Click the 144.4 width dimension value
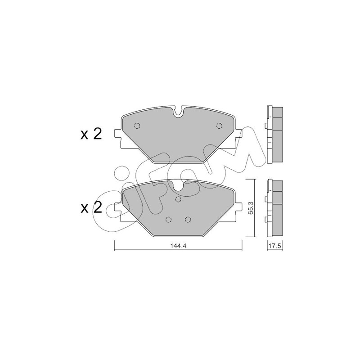[x=178, y=246]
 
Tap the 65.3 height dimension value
[x=251, y=208]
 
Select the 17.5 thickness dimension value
[x=275, y=246]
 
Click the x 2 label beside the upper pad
[x=91, y=134]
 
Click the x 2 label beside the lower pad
[x=91, y=207]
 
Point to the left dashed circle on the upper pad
[x=137, y=126]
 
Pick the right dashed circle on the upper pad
[x=220, y=126]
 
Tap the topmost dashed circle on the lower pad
[x=178, y=199]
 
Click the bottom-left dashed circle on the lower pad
[x=168, y=220]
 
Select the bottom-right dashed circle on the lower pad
[x=188, y=220]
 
